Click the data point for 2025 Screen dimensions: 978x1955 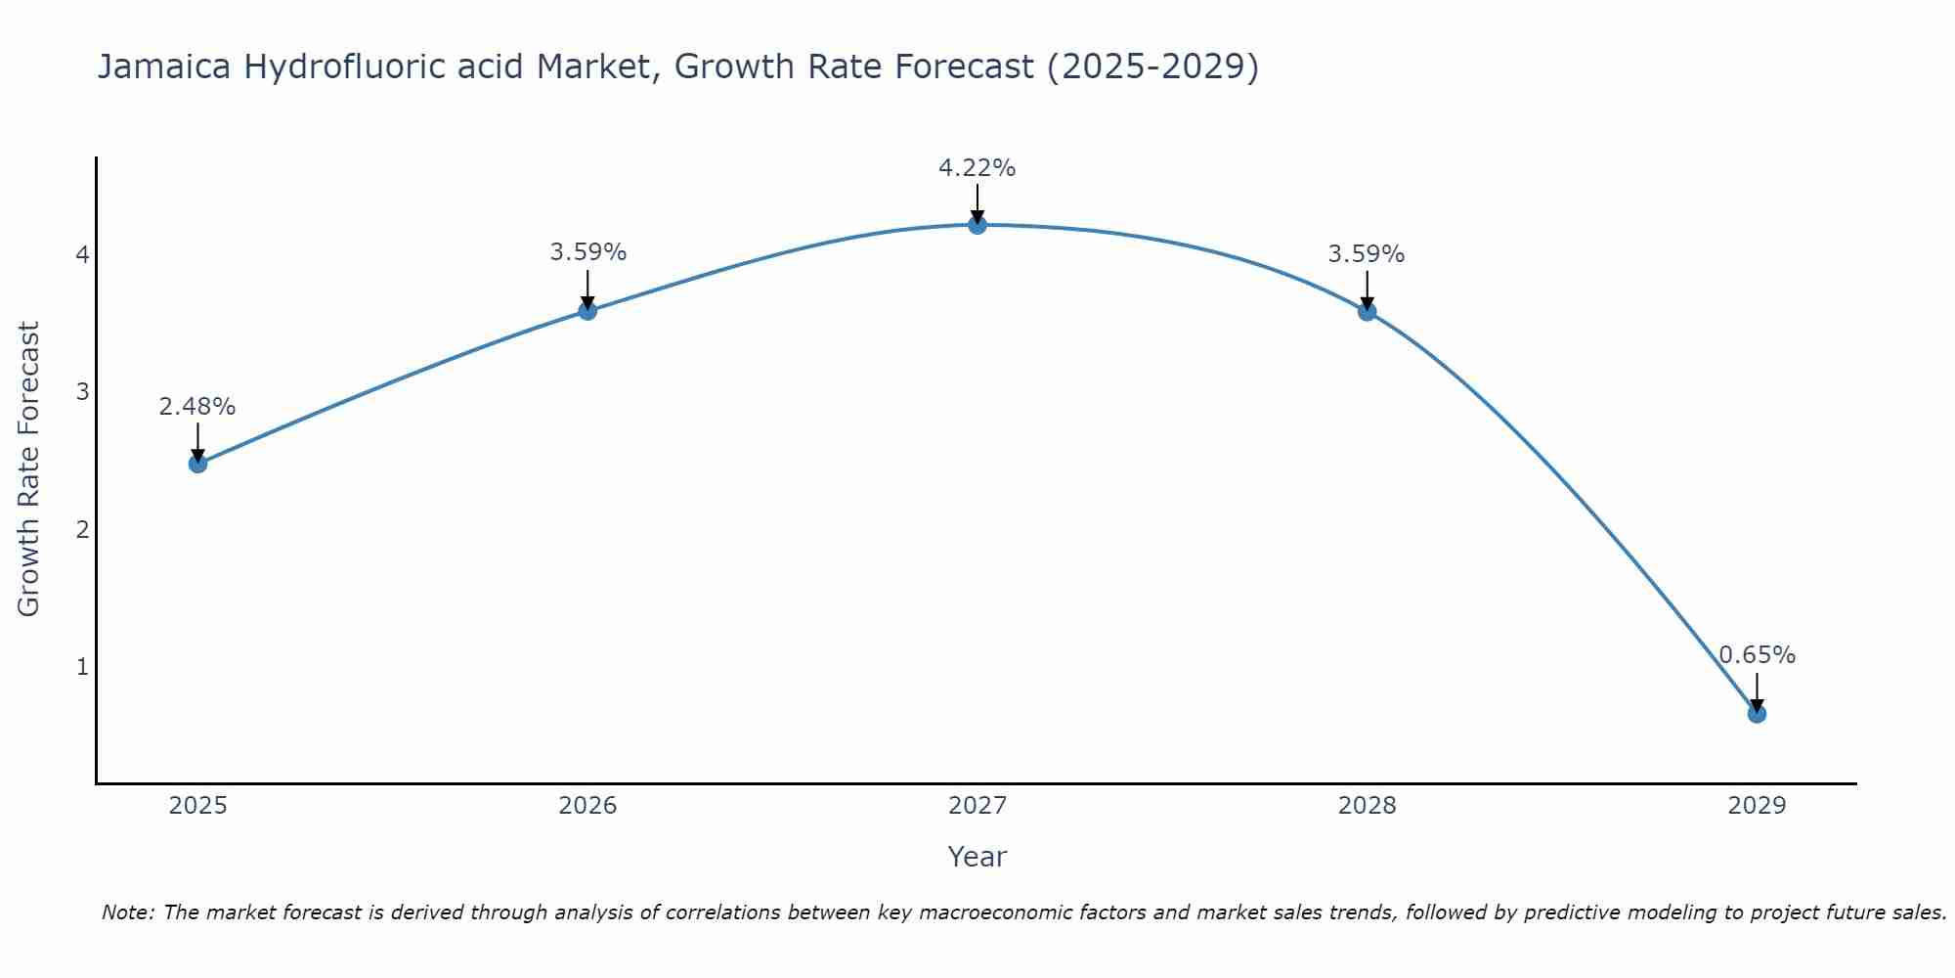197,464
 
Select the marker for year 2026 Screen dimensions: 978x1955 587,311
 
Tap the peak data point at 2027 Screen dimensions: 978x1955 977,225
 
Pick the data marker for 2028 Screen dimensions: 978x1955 1368,311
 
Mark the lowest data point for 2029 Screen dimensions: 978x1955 1757,714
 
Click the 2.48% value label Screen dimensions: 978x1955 197,407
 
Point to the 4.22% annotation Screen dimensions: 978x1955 977,168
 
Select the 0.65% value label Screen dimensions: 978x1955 1757,655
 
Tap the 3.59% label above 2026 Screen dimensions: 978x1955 587,252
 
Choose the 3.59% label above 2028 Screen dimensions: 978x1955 1366,254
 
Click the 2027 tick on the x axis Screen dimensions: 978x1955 977,806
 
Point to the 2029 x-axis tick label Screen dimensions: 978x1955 1757,806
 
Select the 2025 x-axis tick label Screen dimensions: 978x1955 197,806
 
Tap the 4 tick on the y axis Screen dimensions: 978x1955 82,255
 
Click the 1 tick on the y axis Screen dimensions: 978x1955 82,667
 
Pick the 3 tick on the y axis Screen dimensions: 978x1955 82,392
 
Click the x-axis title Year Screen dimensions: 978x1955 977,857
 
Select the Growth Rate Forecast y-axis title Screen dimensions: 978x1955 29,469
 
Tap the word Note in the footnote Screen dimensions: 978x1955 127,912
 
